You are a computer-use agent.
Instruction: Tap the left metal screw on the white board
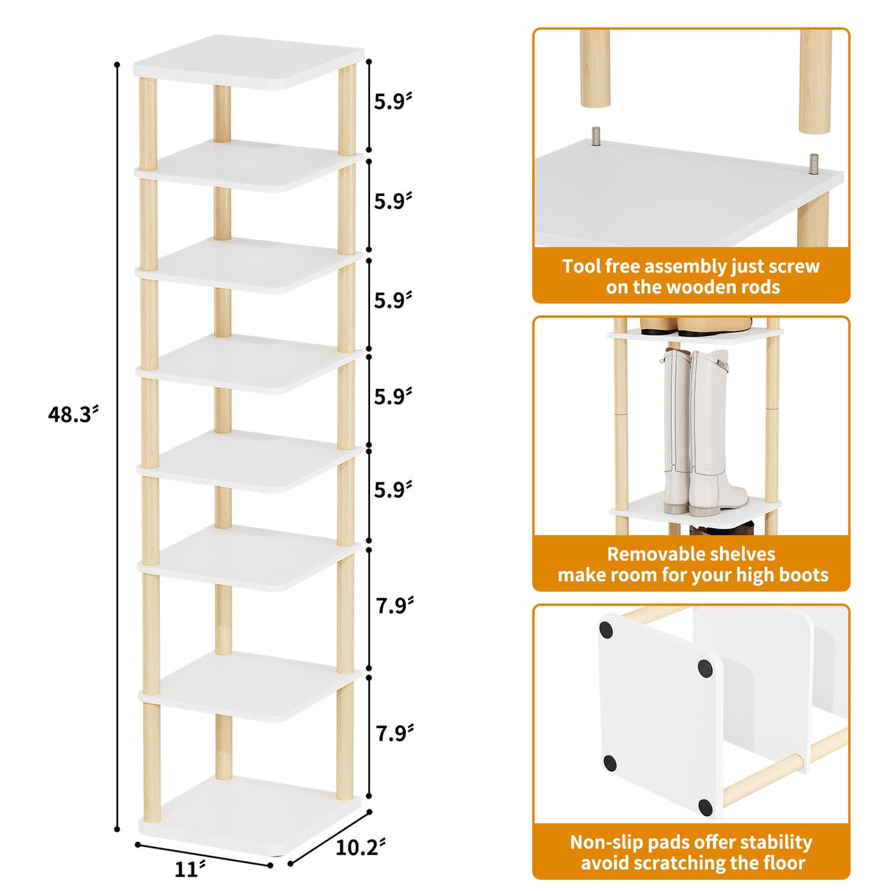596,137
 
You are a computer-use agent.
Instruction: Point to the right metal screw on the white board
814,162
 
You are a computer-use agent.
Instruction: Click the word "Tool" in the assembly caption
583,266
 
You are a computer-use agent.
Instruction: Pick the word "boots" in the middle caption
800,575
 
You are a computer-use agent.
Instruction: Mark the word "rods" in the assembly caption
760,287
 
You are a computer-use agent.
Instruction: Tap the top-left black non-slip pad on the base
606,629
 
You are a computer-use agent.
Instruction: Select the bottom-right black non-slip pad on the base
705,807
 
